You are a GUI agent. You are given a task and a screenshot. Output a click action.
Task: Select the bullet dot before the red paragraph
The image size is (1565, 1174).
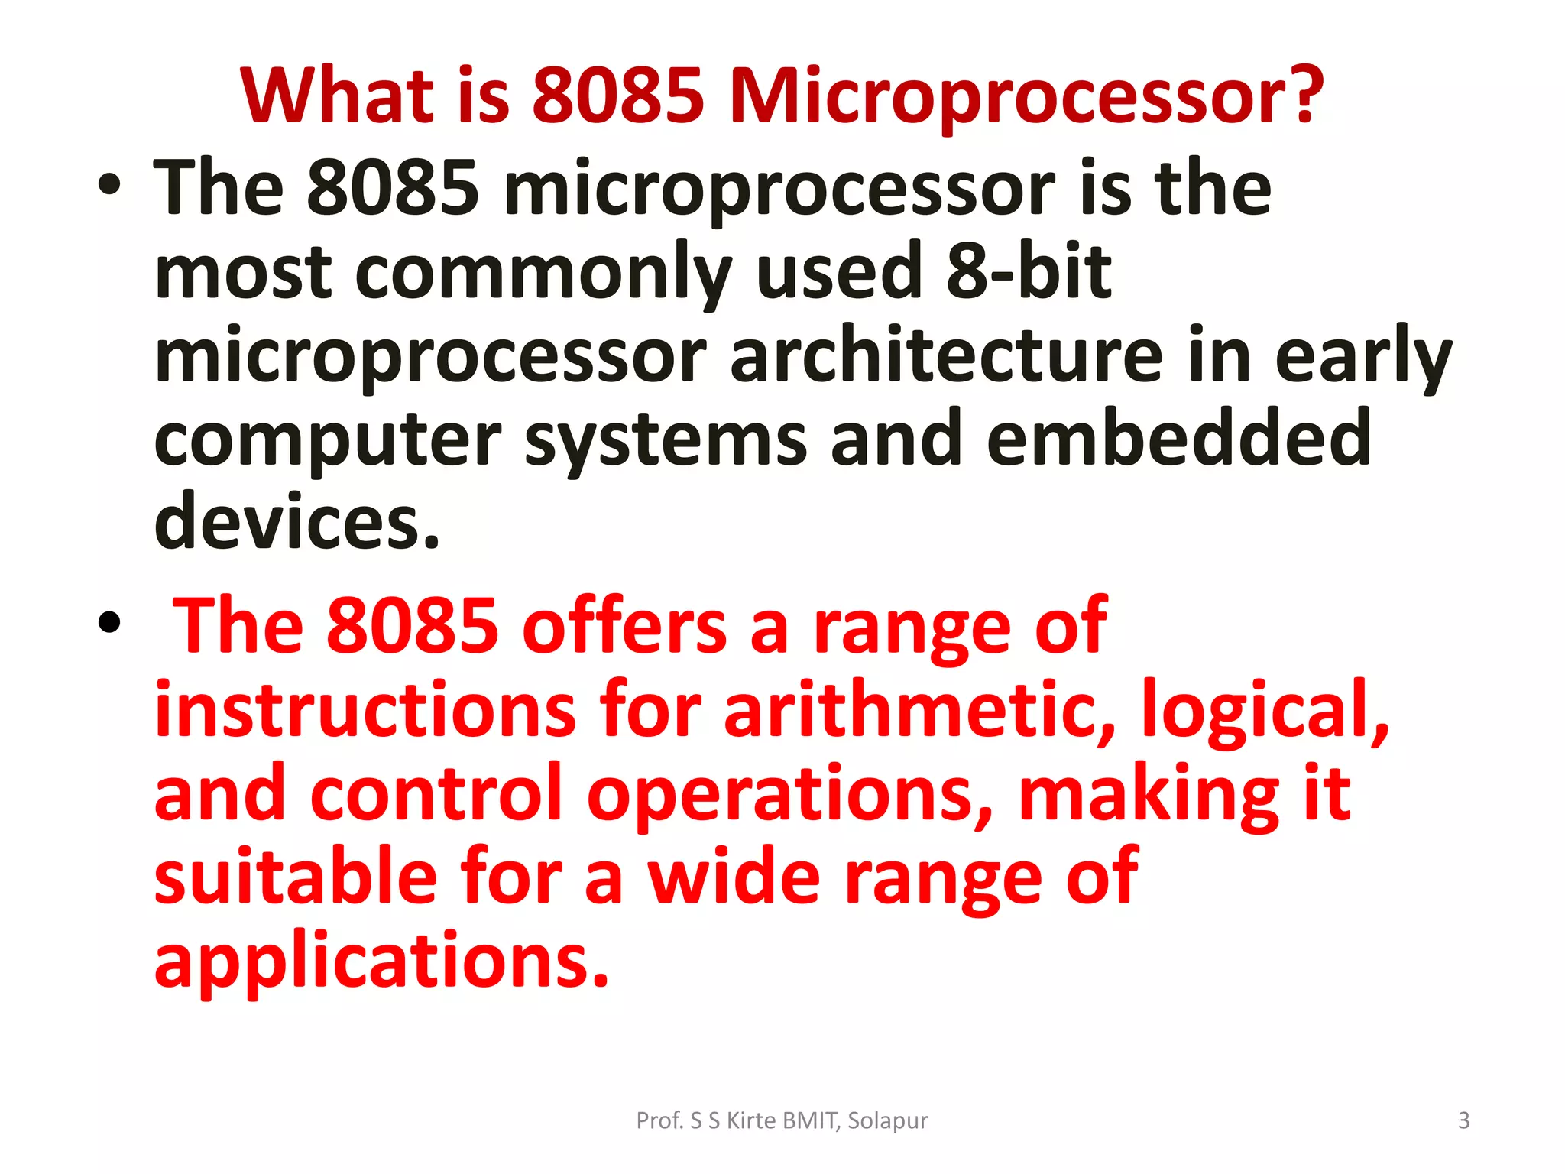(x=109, y=622)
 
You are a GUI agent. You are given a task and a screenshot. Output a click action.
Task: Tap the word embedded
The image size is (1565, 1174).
(x=1178, y=439)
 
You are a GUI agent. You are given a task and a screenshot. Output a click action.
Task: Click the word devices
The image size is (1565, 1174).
(x=297, y=522)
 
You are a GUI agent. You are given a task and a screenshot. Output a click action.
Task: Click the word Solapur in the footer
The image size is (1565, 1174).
(x=887, y=1120)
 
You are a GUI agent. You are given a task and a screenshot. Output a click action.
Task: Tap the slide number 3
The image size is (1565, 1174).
(x=1463, y=1120)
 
